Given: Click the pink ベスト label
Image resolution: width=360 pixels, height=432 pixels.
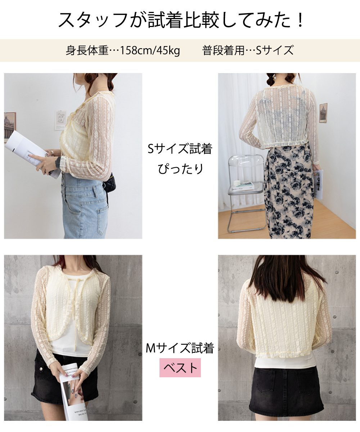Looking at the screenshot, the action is [x=180, y=368].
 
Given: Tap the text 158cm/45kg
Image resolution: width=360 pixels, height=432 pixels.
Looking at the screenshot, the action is [x=150, y=50].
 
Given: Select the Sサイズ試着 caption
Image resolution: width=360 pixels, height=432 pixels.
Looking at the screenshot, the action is [x=180, y=149].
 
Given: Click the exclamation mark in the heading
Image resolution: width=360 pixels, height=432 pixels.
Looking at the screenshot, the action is [x=300, y=20].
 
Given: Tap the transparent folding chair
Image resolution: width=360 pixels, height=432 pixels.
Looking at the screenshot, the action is [x=246, y=192].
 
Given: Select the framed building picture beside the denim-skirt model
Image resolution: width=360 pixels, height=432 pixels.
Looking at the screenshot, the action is [x=10, y=127].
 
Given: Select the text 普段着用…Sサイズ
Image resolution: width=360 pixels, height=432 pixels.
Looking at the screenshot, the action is [x=248, y=50].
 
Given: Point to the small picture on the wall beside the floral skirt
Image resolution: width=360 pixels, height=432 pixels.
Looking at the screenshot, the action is [x=323, y=113].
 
